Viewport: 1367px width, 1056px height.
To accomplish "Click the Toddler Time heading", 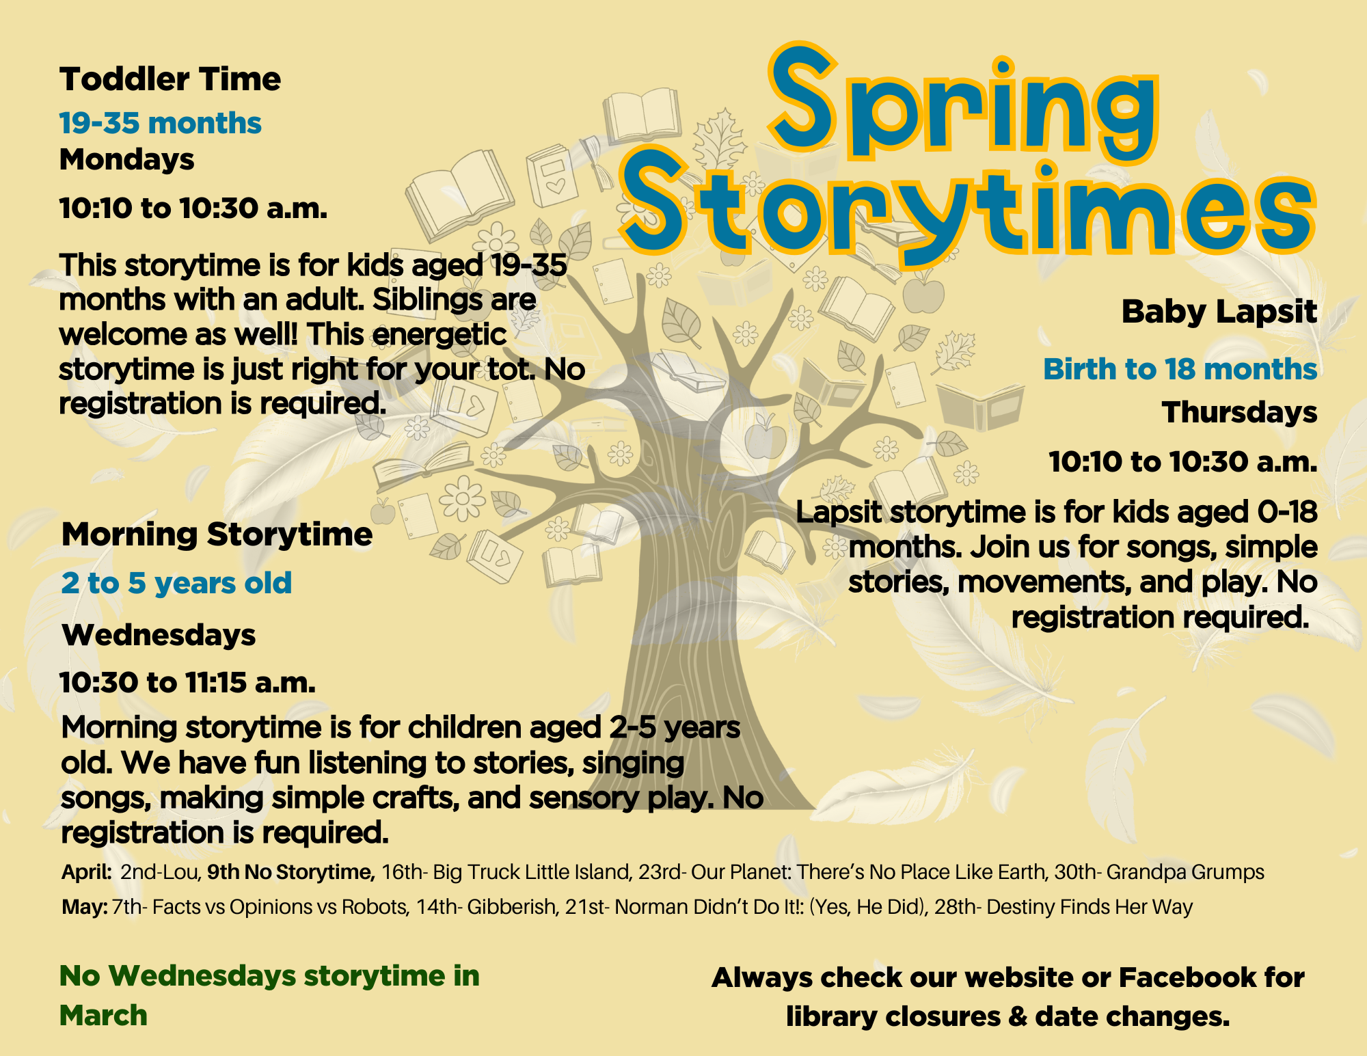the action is pos(170,79).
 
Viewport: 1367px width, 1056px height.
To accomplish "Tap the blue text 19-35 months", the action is pos(161,123).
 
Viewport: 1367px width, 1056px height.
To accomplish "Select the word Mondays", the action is pos(127,160).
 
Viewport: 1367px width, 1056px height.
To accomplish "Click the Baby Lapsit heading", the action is pos(1219,312).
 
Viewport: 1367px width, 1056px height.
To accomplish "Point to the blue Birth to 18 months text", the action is pos(1180,369).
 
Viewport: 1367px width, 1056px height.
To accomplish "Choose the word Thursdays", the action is pos(1239,413).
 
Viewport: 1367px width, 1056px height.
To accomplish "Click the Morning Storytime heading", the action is pos(217,534).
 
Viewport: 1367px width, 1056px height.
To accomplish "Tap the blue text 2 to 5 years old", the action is pos(176,584).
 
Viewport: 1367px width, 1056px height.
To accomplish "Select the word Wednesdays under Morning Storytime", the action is pos(159,635).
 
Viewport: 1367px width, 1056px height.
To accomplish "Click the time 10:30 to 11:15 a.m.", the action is pos(188,683).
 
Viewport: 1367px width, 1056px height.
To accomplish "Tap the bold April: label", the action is pos(87,872).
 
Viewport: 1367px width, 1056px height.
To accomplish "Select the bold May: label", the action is pos(85,907).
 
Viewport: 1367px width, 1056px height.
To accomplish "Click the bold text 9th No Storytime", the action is pos(291,872).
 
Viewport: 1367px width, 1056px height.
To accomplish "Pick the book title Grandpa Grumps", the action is pos(1185,873).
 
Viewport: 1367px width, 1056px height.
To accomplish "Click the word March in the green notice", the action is pos(103,1016).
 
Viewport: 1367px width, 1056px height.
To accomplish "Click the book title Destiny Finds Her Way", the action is pos(1089,908).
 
